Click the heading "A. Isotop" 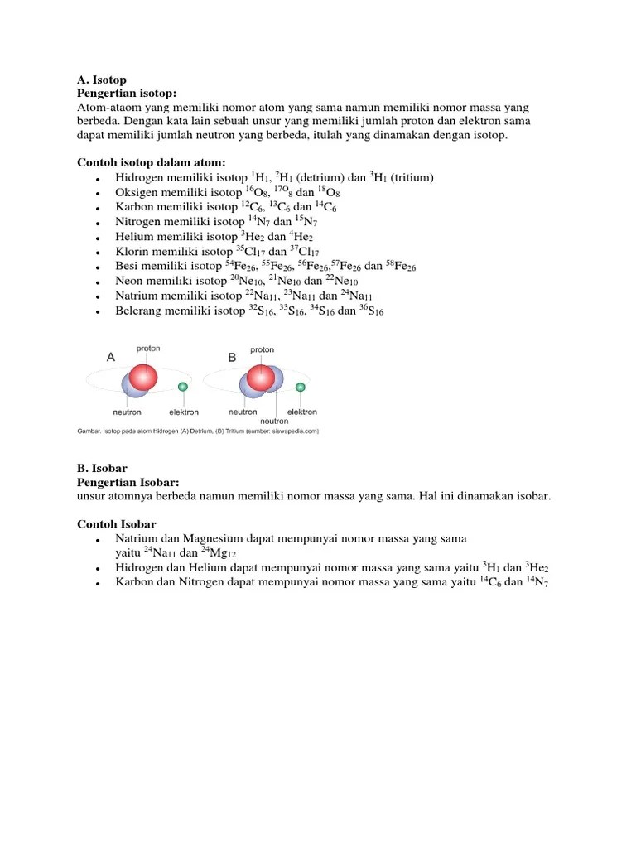(102, 81)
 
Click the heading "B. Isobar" (102, 469)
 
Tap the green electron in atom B (301, 387)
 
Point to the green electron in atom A (183, 387)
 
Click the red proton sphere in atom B (261, 378)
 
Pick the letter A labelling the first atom (110, 357)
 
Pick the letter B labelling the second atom (232, 357)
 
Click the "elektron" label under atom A (184, 412)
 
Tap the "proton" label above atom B (262, 349)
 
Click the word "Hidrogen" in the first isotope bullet (140, 178)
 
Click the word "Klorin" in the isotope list (132, 252)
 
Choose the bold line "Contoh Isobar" (117, 524)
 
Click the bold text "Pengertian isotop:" (128, 94)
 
